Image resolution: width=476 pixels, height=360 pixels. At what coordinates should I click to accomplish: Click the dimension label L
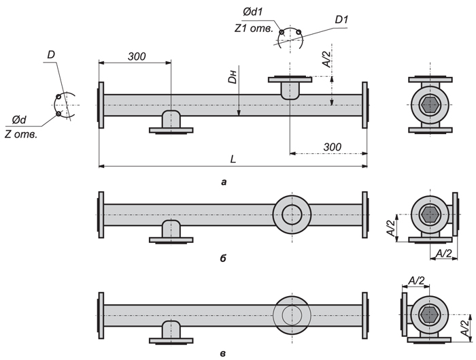pyautogui.click(x=233, y=159)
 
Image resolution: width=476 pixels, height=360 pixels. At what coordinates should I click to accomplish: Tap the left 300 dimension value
pyautogui.click(x=136, y=56)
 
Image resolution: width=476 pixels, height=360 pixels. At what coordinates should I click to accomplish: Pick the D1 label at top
pyautogui.click(x=341, y=19)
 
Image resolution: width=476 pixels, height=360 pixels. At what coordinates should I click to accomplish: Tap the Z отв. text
pyautogui.click(x=20, y=133)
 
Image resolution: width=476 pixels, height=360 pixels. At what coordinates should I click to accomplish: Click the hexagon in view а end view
pyautogui.click(x=429, y=105)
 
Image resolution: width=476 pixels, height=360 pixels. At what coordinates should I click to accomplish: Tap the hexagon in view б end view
pyautogui.click(x=429, y=214)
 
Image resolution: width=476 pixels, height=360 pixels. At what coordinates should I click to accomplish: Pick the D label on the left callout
pyautogui.click(x=52, y=54)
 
